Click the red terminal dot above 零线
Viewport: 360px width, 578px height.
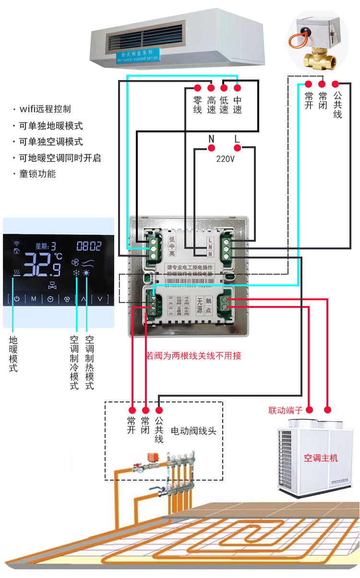(x=197, y=88)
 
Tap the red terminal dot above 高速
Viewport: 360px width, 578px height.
(x=211, y=88)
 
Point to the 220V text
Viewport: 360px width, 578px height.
(x=225, y=159)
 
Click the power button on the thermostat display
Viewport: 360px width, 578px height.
(x=17, y=299)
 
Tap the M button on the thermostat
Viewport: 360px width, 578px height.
(x=34, y=299)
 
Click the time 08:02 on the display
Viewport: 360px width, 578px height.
(x=89, y=247)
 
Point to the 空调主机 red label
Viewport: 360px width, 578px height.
(x=321, y=458)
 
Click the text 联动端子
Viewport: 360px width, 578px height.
(x=285, y=411)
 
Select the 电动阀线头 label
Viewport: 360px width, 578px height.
(x=193, y=431)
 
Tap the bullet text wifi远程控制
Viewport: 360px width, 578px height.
(x=45, y=109)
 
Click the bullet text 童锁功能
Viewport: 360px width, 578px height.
(x=37, y=174)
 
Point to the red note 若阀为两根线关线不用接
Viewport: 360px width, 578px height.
(x=193, y=355)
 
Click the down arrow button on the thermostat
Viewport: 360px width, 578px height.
(x=100, y=299)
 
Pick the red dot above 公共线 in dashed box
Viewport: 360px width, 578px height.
(x=159, y=411)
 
